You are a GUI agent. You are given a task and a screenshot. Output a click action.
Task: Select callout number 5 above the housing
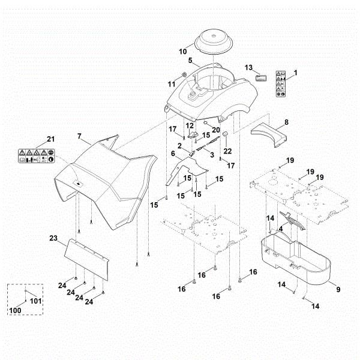click(x=190, y=61)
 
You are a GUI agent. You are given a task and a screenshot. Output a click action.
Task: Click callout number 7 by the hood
click(x=79, y=137)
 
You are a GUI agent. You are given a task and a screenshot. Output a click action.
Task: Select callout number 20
click(x=216, y=130)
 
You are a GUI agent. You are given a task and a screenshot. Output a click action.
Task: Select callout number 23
click(x=53, y=238)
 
